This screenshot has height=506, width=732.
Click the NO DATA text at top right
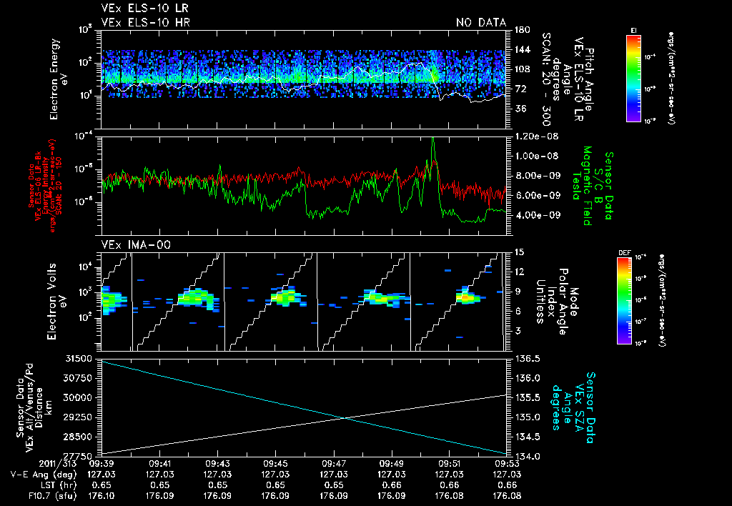click(481, 22)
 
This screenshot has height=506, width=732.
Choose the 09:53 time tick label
click(507, 463)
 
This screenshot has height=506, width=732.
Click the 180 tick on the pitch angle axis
click(520, 30)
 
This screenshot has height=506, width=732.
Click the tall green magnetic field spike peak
click(433, 139)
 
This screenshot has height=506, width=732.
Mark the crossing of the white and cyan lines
click(345, 418)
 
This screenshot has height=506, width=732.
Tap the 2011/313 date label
click(29, 463)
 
